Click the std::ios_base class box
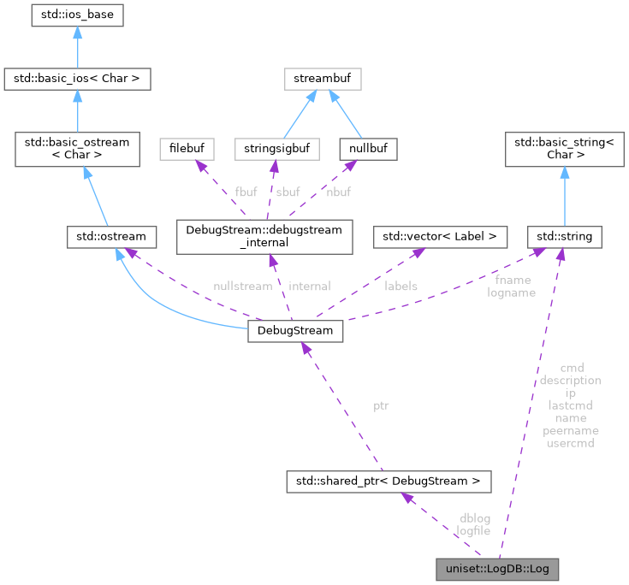(x=77, y=15)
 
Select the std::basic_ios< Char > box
(x=77, y=80)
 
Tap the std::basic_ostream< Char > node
(x=77, y=150)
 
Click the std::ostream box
(x=107, y=236)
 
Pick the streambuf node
(x=323, y=80)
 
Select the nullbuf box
(x=368, y=149)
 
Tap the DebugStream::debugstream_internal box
(x=264, y=236)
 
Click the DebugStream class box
(x=295, y=331)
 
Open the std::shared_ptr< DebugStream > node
(x=389, y=482)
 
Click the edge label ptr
(x=381, y=405)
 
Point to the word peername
(x=570, y=431)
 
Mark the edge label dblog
(x=475, y=518)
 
